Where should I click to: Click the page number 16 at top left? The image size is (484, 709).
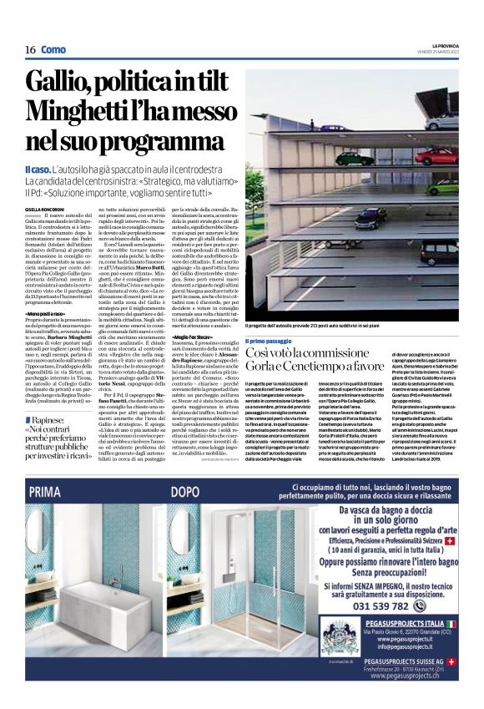click(x=29, y=49)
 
